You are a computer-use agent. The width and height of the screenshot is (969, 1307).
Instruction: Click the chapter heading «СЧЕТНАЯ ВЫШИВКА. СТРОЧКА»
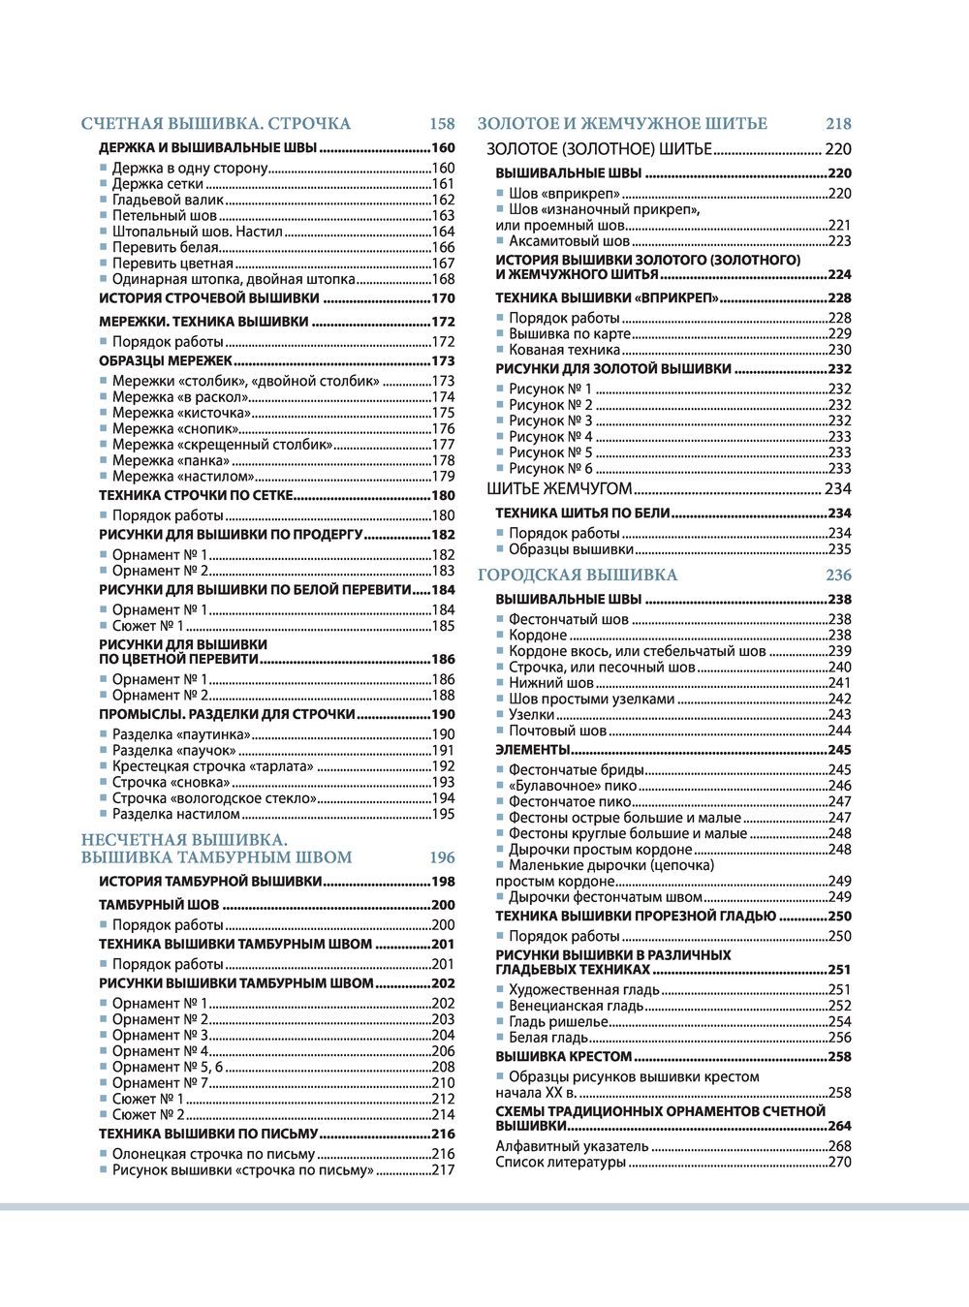click(x=215, y=124)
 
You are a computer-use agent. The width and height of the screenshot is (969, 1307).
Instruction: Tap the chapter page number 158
click(x=442, y=124)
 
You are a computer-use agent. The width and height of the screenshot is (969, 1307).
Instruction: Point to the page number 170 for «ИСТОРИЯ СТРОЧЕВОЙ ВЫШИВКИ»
click(x=443, y=298)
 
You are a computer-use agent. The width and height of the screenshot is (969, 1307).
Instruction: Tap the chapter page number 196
click(x=442, y=857)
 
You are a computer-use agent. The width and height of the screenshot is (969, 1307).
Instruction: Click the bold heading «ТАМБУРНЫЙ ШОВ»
click(x=159, y=906)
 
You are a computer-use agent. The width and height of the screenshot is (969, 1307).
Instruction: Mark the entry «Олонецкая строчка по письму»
click(x=213, y=1154)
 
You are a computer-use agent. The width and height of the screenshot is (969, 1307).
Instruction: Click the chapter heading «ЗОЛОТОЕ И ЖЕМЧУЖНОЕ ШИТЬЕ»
click(x=622, y=124)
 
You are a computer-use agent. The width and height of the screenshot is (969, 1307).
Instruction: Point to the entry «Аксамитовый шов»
click(x=569, y=241)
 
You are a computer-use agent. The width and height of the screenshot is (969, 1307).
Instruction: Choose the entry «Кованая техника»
click(x=564, y=350)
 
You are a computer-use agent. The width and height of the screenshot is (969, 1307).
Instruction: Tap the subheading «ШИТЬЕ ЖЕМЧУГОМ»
click(x=559, y=489)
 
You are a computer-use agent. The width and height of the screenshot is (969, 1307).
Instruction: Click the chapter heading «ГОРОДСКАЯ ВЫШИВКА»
click(x=578, y=576)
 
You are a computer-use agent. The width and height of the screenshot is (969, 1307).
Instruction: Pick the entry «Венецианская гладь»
click(x=576, y=1006)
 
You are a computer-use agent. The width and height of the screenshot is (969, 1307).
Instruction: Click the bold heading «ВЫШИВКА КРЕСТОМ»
click(x=563, y=1057)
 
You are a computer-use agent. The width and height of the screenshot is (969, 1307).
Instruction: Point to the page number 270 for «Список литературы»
click(x=839, y=1162)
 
